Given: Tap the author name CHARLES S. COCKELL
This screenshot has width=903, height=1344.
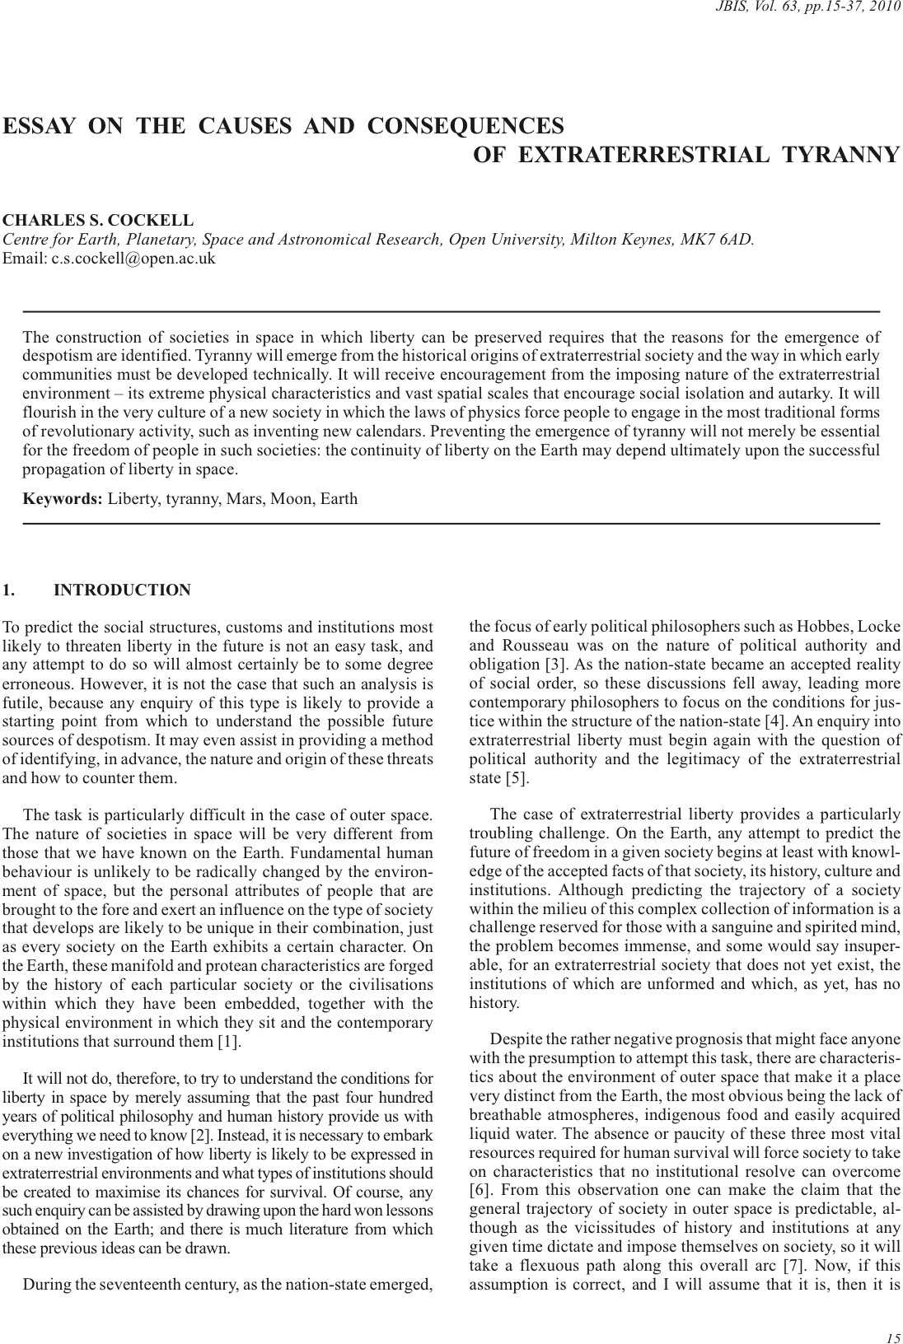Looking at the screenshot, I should click(98, 221).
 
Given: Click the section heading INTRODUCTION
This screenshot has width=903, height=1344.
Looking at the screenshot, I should click(122, 590).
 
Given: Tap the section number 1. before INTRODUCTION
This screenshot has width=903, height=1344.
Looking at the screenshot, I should click(9, 590).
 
